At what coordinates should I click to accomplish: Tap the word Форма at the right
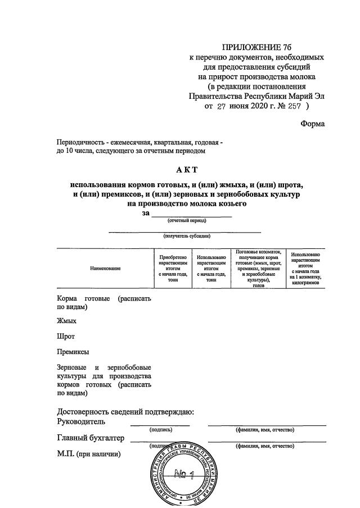tap(313, 124)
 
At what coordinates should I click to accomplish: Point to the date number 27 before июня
tap(223, 105)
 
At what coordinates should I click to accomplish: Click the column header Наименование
tap(105, 269)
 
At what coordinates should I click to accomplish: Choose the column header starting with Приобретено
tap(173, 269)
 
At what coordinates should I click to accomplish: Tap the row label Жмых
tap(66, 321)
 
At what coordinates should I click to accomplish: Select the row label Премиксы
tap(73, 352)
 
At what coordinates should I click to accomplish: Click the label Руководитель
tap(81, 421)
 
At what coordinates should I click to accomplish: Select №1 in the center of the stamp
tap(183, 474)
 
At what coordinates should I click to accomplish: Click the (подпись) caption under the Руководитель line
tap(161, 430)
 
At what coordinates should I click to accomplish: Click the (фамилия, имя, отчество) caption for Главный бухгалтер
tap(264, 446)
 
